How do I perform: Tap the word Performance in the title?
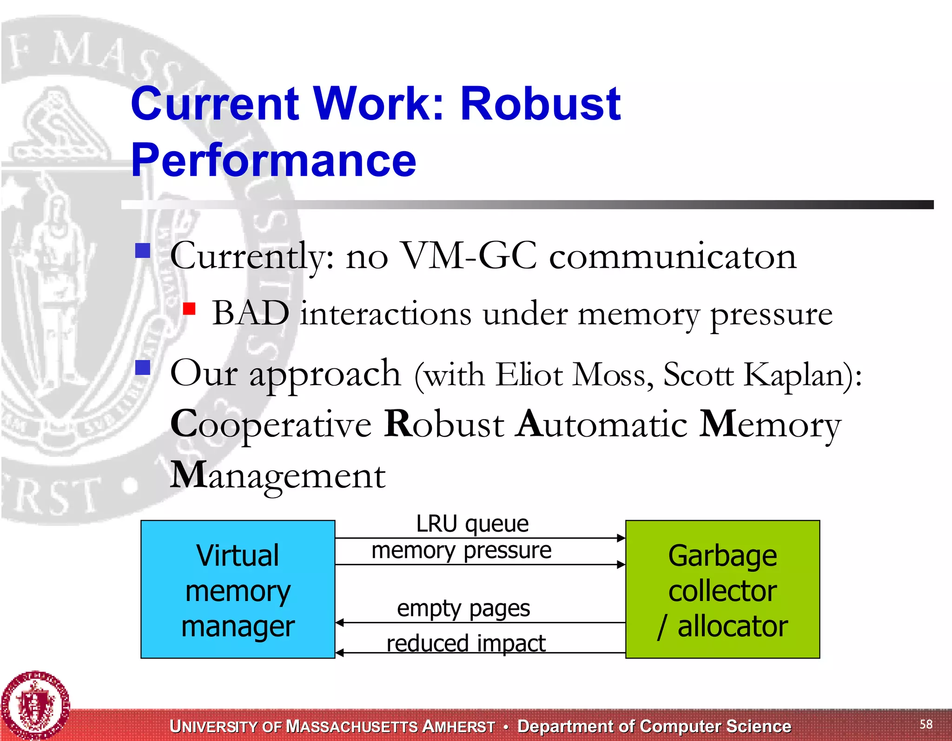[x=274, y=160]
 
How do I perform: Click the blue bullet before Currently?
[x=143, y=251]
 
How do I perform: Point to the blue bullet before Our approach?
[x=143, y=368]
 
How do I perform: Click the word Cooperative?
[x=271, y=424]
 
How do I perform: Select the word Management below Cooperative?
[x=278, y=475]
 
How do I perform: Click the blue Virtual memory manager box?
[x=238, y=589]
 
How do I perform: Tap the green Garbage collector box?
[x=722, y=589]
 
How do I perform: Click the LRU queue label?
[x=472, y=524]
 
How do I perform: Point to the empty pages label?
[x=463, y=608]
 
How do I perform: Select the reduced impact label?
[x=466, y=643]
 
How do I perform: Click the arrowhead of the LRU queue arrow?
[x=621, y=538]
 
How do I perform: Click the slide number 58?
[x=926, y=724]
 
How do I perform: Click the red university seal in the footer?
[x=35, y=705]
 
